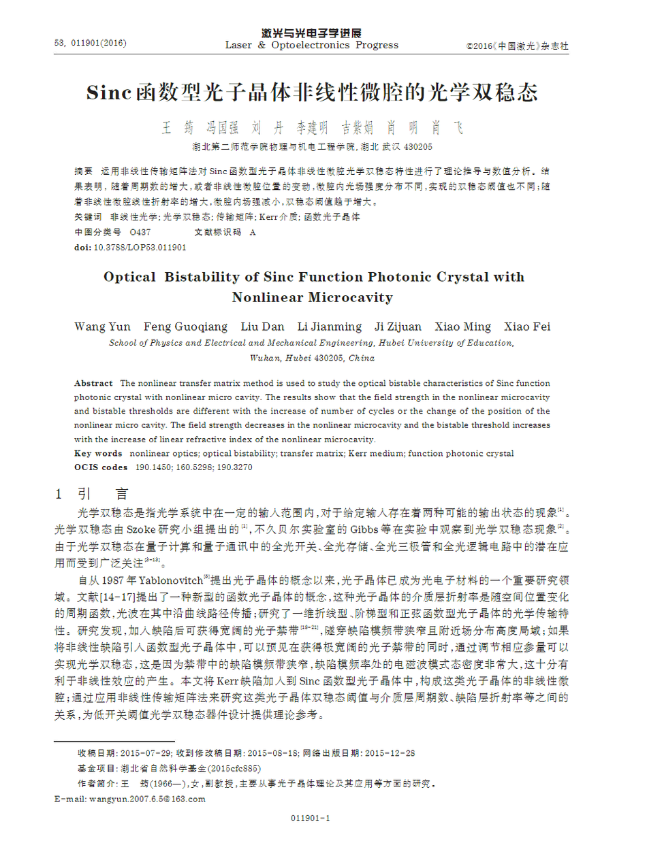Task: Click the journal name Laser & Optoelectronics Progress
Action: coord(311,45)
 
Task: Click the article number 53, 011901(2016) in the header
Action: coord(91,43)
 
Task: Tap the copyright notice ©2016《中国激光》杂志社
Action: coord(517,46)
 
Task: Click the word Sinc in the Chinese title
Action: coord(108,93)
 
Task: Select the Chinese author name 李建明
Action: coord(311,128)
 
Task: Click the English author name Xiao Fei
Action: coord(526,327)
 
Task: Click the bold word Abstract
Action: coord(93,384)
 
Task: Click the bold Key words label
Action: coord(98,453)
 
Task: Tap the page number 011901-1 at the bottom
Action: coord(311,818)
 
